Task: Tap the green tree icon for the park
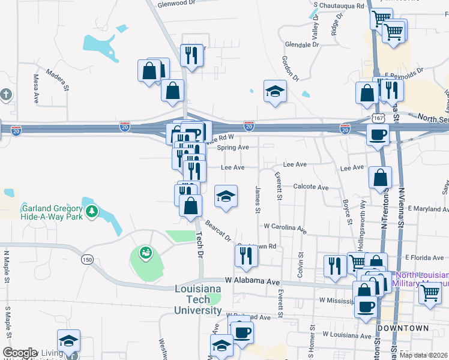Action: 91,211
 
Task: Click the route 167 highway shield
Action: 378,118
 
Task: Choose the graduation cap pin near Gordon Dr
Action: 275,91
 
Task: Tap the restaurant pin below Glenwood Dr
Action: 191,56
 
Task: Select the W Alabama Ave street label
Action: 253,281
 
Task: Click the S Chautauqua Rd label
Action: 339,5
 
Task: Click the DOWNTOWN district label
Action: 403,328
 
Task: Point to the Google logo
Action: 20,353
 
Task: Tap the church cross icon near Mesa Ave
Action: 6,94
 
